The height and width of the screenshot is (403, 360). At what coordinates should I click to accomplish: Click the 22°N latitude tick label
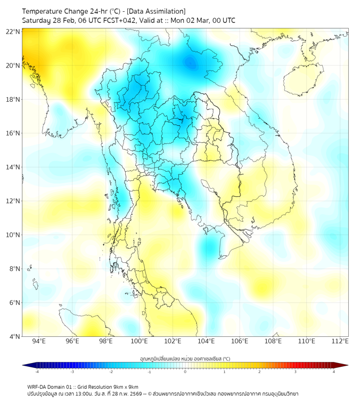[x=13, y=31]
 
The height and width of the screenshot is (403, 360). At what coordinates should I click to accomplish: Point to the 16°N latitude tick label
[x=13, y=133]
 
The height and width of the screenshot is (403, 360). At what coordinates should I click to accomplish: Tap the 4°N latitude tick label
[x=14, y=336]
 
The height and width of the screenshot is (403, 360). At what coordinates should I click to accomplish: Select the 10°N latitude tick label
[x=13, y=235]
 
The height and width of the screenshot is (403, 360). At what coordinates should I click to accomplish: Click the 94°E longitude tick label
[x=39, y=341]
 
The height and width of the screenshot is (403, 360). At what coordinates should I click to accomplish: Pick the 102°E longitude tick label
[x=173, y=341]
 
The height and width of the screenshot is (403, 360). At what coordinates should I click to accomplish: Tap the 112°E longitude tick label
[x=340, y=341]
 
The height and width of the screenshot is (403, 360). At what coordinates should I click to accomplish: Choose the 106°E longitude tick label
[x=240, y=341]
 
